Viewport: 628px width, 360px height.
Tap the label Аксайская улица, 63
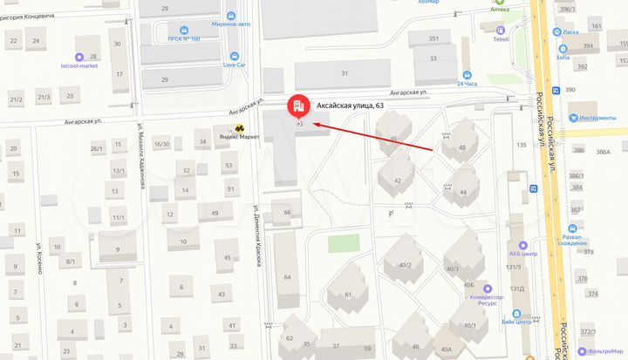point(349,105)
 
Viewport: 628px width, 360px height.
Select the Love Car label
point(233,65)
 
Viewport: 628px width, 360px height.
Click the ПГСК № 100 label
point(183,39)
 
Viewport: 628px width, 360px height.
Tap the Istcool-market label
point(80,65)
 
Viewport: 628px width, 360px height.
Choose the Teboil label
point(501,39)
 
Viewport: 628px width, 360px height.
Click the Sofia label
point(563,57)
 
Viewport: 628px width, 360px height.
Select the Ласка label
point(570,32)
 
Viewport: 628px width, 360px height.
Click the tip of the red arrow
point(312,125)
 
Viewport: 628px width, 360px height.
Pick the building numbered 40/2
point(404,266)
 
